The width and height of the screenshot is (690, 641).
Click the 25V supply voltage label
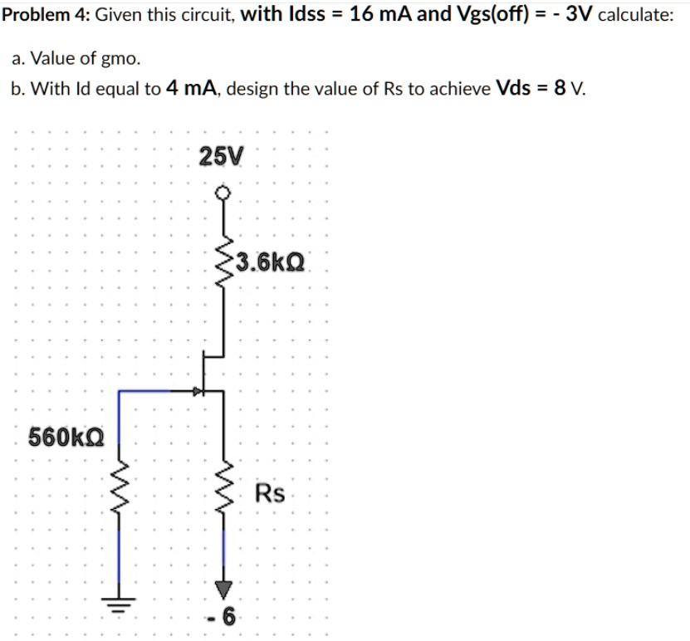coord(222,155)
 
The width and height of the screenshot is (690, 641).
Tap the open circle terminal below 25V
coord(222,193)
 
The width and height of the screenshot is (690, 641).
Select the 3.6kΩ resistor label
coord(271,264)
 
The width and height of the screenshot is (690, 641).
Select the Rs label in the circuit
coord(270,494)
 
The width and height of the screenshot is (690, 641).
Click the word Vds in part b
coord(513,89)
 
